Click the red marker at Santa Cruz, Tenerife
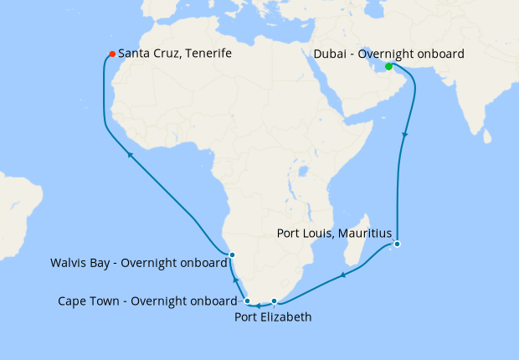111,55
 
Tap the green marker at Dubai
388,67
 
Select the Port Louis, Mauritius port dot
398,244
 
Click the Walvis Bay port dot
232,255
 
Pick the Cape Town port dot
248,301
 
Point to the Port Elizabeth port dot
275,301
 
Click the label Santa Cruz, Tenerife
174,54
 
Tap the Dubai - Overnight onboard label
388,54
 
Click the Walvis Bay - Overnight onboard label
137,262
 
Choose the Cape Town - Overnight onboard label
146,301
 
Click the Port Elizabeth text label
273,317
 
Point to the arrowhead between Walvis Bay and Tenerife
130,154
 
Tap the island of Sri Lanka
480,130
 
